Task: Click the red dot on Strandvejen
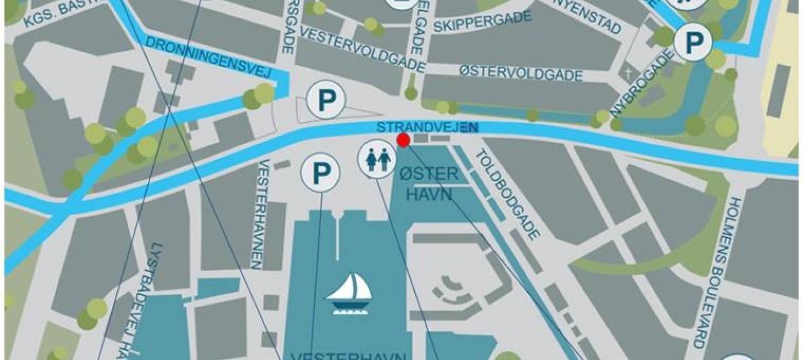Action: (403, 141)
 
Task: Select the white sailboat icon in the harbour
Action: (349, 294)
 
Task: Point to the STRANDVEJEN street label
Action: (427, 127)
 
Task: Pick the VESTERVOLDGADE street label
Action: (362, 48)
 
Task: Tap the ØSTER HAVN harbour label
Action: (428, 184)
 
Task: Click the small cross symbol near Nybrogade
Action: (628, 73)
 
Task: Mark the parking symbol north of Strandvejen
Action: (327, 100)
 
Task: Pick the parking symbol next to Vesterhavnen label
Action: (320, 172)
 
